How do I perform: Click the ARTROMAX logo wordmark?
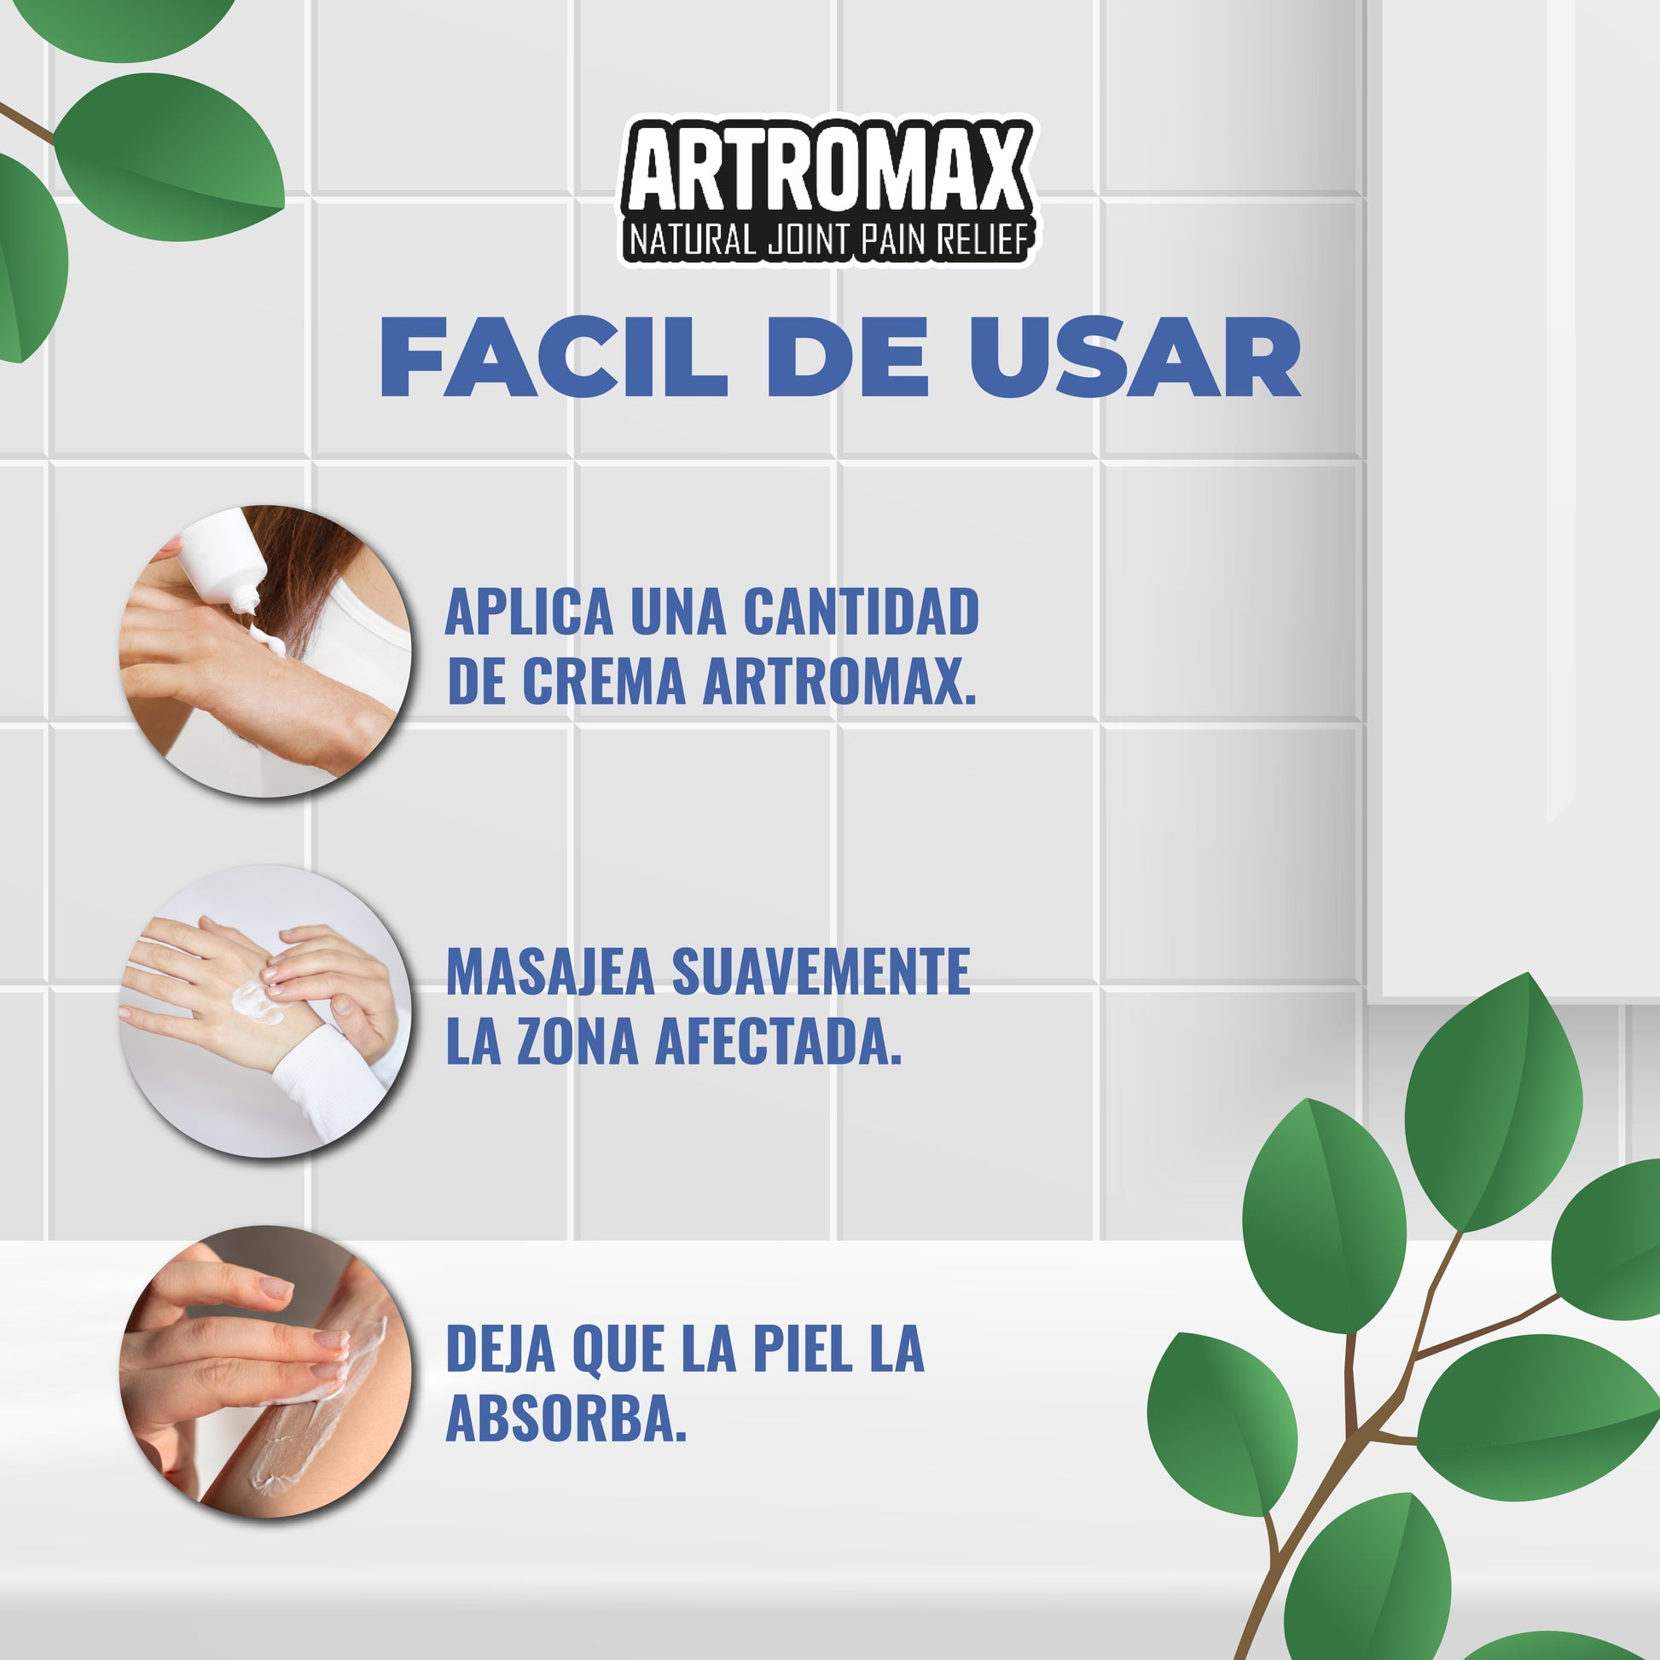(828, 168)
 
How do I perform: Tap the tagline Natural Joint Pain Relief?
(828, 240)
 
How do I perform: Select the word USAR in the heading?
(1135, 357)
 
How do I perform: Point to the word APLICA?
(528, 612)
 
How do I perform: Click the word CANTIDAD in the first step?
(860, 612)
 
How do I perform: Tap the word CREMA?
(603, 682)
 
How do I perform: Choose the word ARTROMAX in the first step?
(839, 682)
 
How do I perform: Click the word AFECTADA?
(779, 1042)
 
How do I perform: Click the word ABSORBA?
(566, 1419)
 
